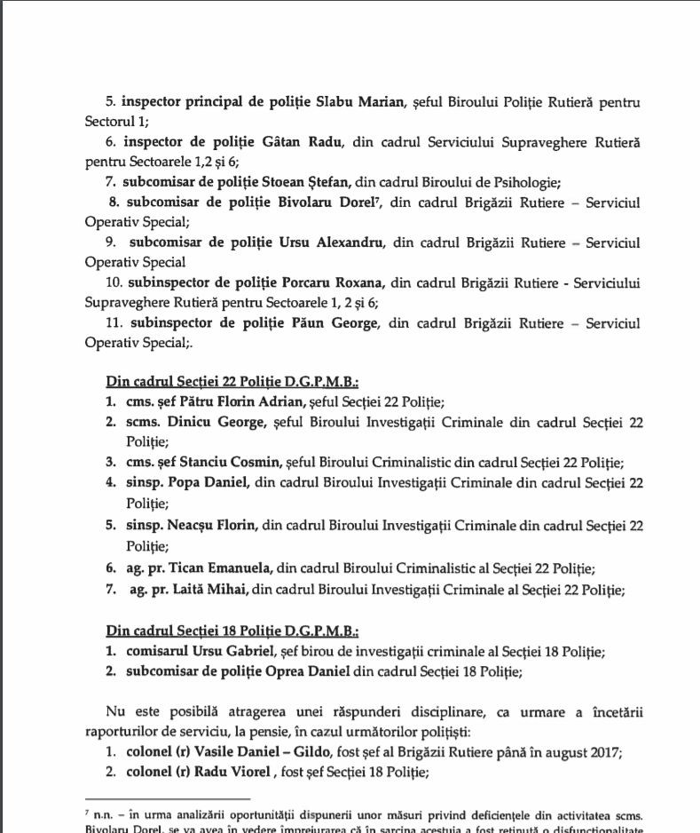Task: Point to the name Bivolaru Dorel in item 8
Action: click(x=336, y=202)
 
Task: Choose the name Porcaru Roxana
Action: click(x=331, y=282)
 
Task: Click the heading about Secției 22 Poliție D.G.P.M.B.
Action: click(x=232, y=384)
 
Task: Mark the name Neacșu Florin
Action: click(x=210, y=526)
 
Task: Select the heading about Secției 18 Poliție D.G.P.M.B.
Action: click(x=232, y=631)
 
